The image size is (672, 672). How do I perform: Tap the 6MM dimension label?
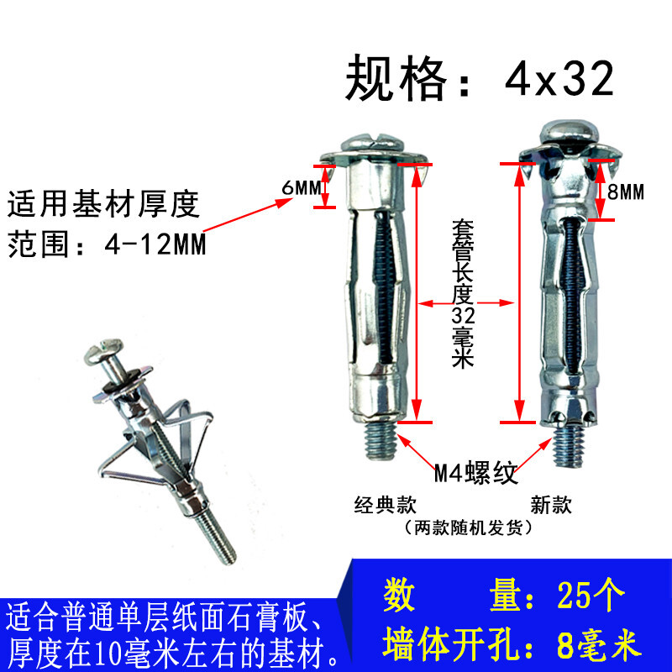pos(297,188)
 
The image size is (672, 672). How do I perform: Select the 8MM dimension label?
pos(625,192)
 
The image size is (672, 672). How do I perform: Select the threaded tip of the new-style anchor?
pos(570,446)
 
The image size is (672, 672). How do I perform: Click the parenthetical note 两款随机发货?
pos(467,528)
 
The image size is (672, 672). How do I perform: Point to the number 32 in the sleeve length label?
pos(464,317)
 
